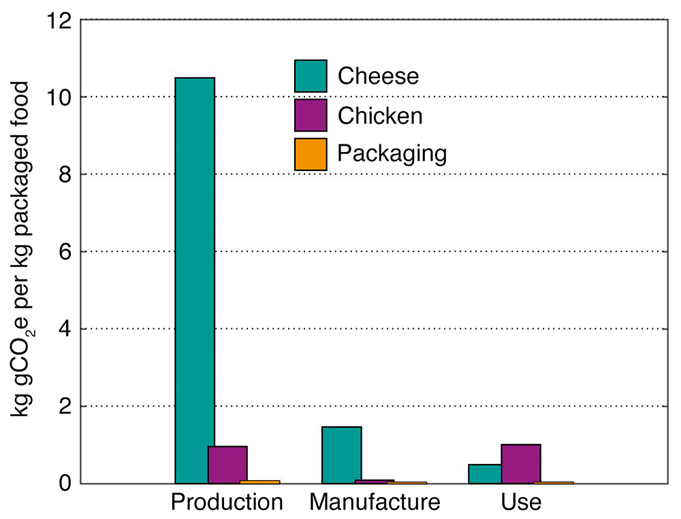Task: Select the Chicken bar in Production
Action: [x=227, y=465]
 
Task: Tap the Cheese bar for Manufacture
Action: [x=341, y=455]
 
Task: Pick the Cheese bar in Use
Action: [x=485, y=473]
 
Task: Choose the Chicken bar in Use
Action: [x=520, y=464]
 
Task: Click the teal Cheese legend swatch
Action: [x=311, y=76]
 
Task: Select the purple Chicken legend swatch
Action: [x=311, y=115]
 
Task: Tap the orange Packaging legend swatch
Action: [x=311, y=154]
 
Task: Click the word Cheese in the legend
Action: [x=378, y=76]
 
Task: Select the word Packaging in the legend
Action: [x=392, y=154]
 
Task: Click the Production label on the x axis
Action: [x=227, y=503]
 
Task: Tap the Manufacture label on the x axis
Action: [x=375, y=503]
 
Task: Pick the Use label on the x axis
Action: [x=520, y=503]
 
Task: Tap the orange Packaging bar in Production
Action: [x=259, y=482]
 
